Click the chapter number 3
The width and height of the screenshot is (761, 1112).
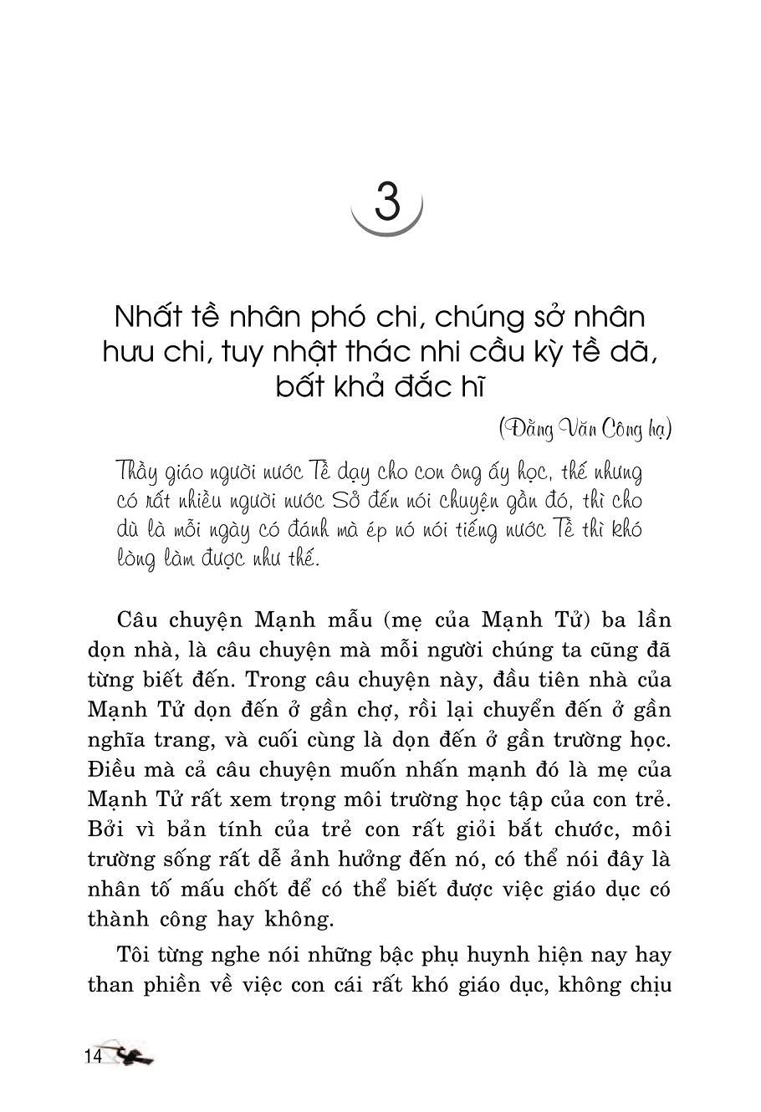click(386, 201)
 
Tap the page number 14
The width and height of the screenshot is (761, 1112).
click(92, 1056)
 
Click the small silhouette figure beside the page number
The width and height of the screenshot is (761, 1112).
click(134, 1056)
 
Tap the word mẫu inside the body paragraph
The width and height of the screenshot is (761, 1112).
click(347, 621)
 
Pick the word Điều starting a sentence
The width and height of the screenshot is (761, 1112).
click(113, 770)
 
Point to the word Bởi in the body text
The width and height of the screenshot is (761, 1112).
click(109, 829)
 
